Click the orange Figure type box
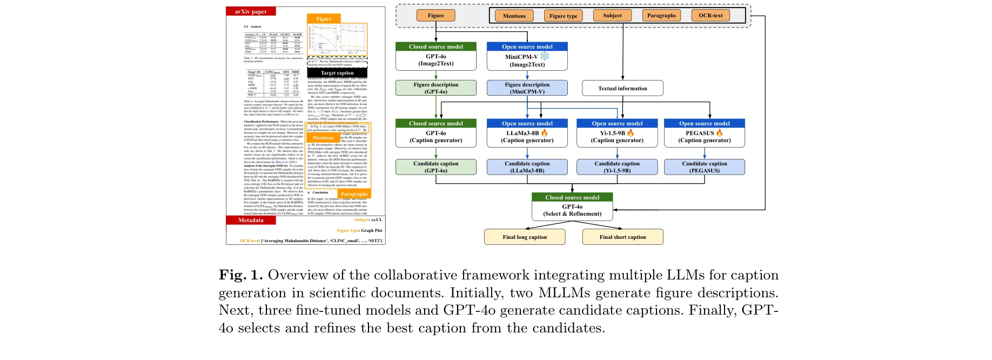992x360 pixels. coord(563,16)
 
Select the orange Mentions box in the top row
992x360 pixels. coord(514,16)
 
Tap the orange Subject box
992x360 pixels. coord(612,16)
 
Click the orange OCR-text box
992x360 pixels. coord(711,16)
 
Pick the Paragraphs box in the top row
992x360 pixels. coord(661,16)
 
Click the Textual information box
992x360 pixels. coord(622,88)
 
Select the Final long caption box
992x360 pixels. coord(525,237)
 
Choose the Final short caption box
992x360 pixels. coord(622,237)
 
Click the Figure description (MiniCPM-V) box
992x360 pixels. coord(527,88)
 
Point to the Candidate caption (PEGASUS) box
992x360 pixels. coord(704,167)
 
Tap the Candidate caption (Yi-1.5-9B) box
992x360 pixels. coord(617,167)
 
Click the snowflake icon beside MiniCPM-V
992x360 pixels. coord(545,56)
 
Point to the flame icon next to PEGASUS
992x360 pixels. coord(719,133)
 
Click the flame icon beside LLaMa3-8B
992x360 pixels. coord(544,133)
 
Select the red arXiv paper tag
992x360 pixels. coord(251,11)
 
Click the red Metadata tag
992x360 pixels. coord(251,220)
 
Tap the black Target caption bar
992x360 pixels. coord(337,73)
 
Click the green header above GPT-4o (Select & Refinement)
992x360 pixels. coord(572,197)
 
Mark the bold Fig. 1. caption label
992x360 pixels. coord(240,275)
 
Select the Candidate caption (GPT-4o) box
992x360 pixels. coord(436,167)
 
